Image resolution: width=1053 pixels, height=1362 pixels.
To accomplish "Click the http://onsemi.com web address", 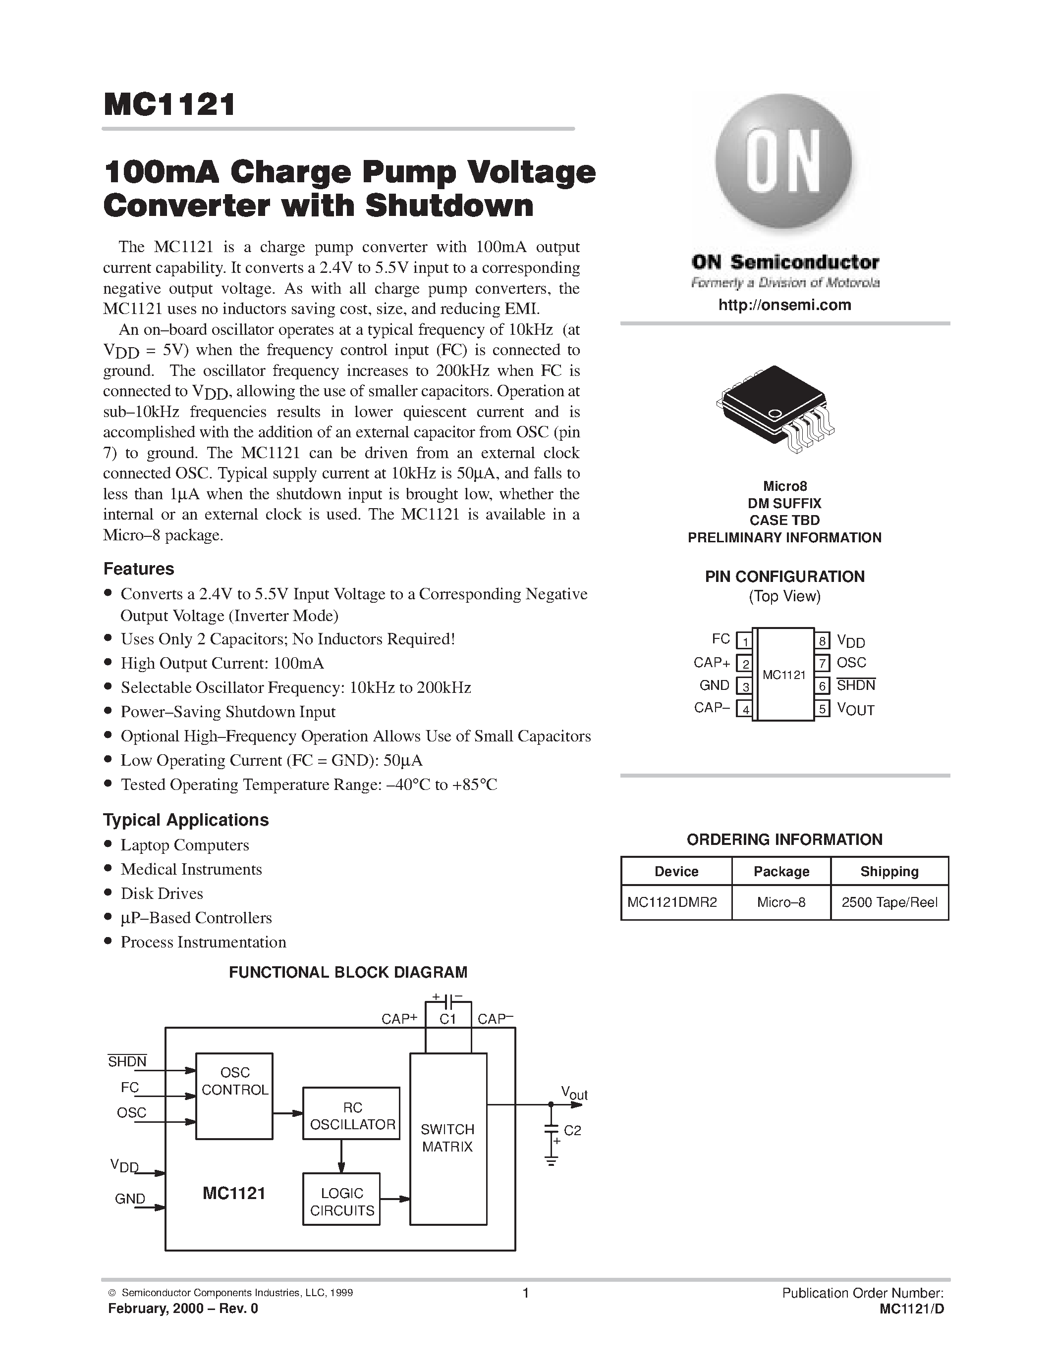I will [784, 305].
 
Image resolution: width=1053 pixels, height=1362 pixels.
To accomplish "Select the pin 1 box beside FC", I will [744, 640].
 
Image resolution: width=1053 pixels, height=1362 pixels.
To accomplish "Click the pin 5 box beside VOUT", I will [822, 709].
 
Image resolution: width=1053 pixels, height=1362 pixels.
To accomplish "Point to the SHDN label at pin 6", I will [855, 685].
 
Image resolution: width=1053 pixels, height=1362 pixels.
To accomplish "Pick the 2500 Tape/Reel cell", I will [889, 902].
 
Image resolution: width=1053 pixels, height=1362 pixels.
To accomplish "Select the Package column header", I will [781, 871].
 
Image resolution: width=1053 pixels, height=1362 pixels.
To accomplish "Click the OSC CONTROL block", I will [234, 1096].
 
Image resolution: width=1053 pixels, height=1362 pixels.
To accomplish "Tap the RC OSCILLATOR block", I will [351, 1113].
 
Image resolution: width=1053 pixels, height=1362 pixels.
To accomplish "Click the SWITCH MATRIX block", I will [448, 1138].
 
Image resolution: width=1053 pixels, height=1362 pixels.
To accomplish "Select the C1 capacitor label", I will [448, 1019].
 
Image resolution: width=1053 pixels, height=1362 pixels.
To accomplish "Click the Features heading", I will [138, 569].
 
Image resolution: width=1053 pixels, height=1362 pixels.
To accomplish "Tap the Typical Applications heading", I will [186, 820].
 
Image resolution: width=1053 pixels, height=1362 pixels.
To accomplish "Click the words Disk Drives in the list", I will [162, 893].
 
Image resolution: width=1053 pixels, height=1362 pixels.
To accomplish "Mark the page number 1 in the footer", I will [525, 1293].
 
